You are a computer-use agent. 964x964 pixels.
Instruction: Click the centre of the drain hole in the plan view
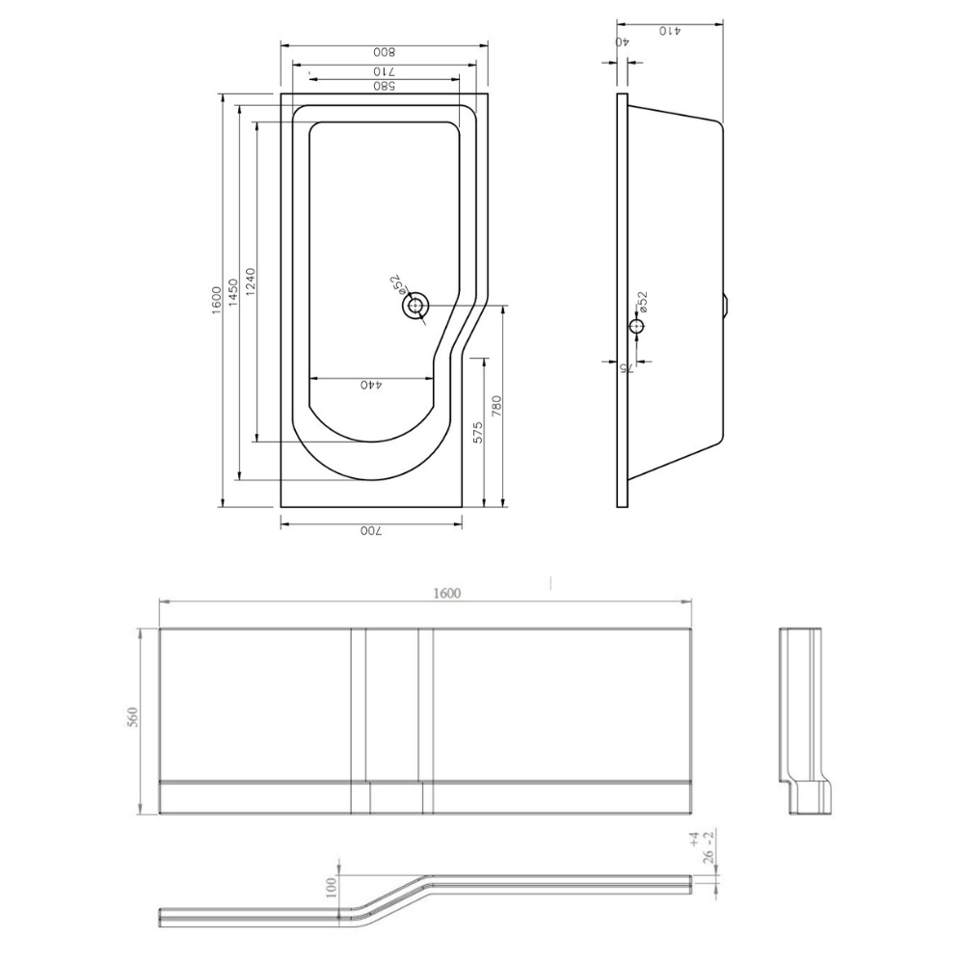[416, 306]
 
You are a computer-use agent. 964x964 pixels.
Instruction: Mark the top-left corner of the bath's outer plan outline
[281, 94]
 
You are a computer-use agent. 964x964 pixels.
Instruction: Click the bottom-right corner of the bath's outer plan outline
[462, 507]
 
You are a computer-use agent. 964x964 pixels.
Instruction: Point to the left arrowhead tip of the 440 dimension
[308, 378]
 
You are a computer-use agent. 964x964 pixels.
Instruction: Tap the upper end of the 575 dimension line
[485, 359]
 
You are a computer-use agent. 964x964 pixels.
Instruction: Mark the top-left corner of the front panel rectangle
[160, 629]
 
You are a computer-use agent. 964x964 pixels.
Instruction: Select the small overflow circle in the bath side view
[636, 325]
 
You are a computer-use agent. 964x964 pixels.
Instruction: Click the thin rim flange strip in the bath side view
[622, 300]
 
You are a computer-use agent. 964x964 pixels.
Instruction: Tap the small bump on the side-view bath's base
[726, 304]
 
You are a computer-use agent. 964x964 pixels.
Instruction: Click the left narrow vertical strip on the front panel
[359, 721]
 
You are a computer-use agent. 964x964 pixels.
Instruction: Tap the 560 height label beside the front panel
[133, 717]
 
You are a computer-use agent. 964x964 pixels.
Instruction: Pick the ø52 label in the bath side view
[642, 304]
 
